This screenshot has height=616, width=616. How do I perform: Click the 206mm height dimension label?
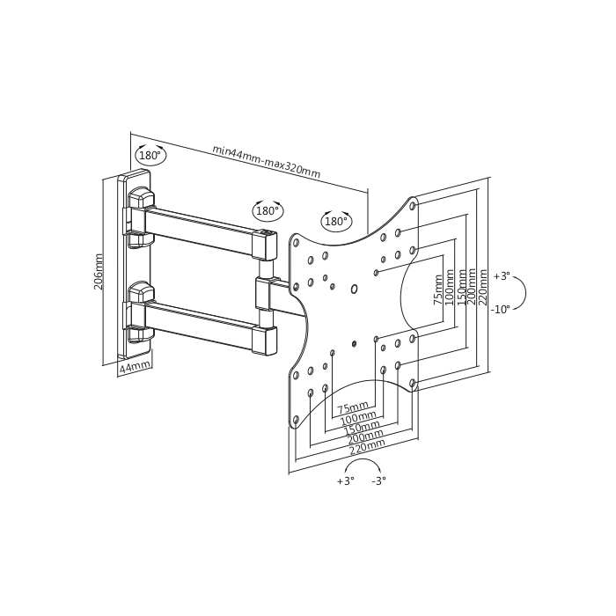click(x=99, y=272)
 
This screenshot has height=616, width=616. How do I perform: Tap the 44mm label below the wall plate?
click(x=135, y=367)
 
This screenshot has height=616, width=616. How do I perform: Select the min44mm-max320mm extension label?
click(x=267, y=161)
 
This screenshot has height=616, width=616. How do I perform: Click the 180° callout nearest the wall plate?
click(x=150, y=155)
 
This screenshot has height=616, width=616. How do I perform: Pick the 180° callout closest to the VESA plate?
click(x=337, y=221)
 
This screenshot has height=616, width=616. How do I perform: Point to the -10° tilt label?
click(x=500, y=309)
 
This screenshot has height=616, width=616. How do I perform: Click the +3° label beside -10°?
click(x=502, y=276)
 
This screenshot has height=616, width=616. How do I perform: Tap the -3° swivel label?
click(x=378, y=480)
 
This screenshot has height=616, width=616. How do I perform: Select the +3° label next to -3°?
click(x=346, y=480)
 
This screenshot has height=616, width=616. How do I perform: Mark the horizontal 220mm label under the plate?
click(x=367, y=447)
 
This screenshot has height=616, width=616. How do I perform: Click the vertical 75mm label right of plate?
click(x=437, y=290)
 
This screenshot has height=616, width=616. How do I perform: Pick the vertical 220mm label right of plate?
click(x=483, y=287)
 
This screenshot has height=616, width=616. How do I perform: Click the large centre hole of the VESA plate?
click(x=354, y=290)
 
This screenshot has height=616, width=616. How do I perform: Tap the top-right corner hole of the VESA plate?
click(x=413, y=205)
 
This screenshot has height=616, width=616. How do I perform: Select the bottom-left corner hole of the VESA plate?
click(x=296, y=420)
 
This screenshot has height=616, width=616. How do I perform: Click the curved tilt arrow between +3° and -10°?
click(x=524, y=292)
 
